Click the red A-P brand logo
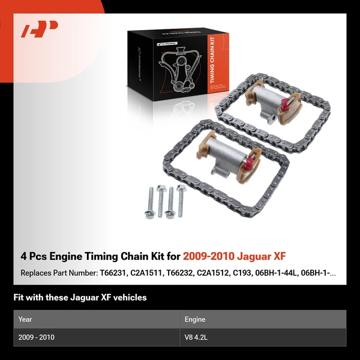coord(40,29)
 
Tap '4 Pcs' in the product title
coord(35,256)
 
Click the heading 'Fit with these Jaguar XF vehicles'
coord(80,297)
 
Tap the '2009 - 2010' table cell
coord(37,337)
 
